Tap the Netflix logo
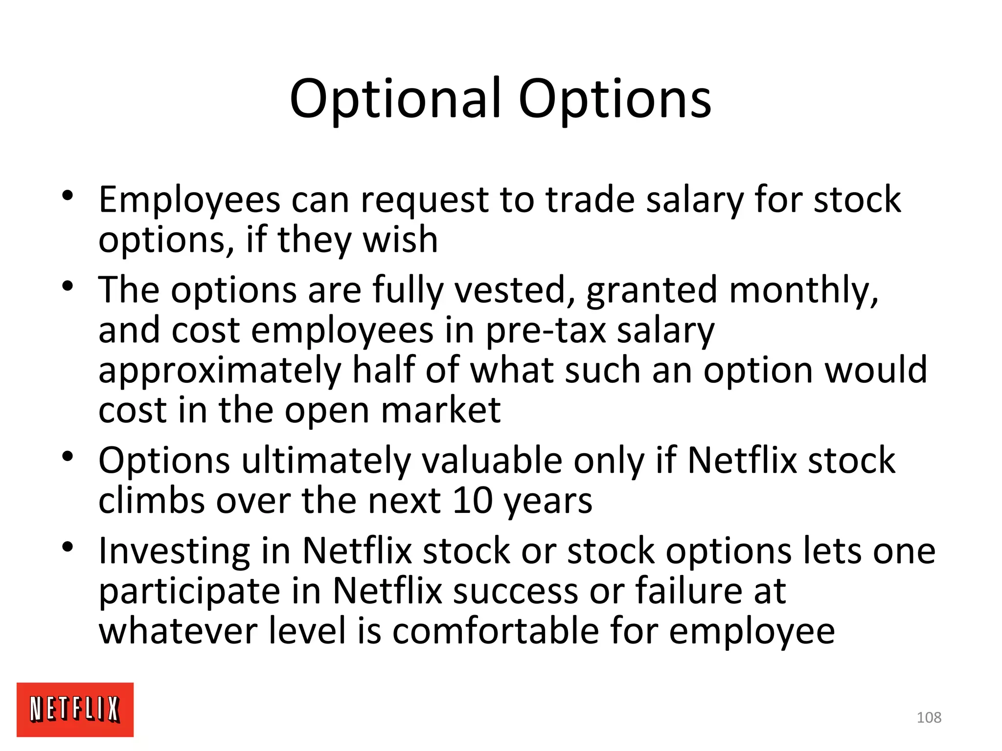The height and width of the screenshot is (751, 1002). tap(75, 709)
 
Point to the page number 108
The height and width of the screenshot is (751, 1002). tap(929, 717)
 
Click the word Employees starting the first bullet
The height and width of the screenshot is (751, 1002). tap(189, 200)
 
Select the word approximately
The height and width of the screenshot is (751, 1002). tap(220, 371)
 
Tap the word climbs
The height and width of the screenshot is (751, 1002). tap(151, 501)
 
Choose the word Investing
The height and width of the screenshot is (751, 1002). tap(174, 552)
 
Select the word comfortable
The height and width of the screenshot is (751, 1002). tap(495, 631)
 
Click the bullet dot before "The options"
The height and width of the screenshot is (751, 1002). tap(68, 286)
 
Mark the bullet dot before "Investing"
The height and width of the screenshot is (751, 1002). tap(68, 547)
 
